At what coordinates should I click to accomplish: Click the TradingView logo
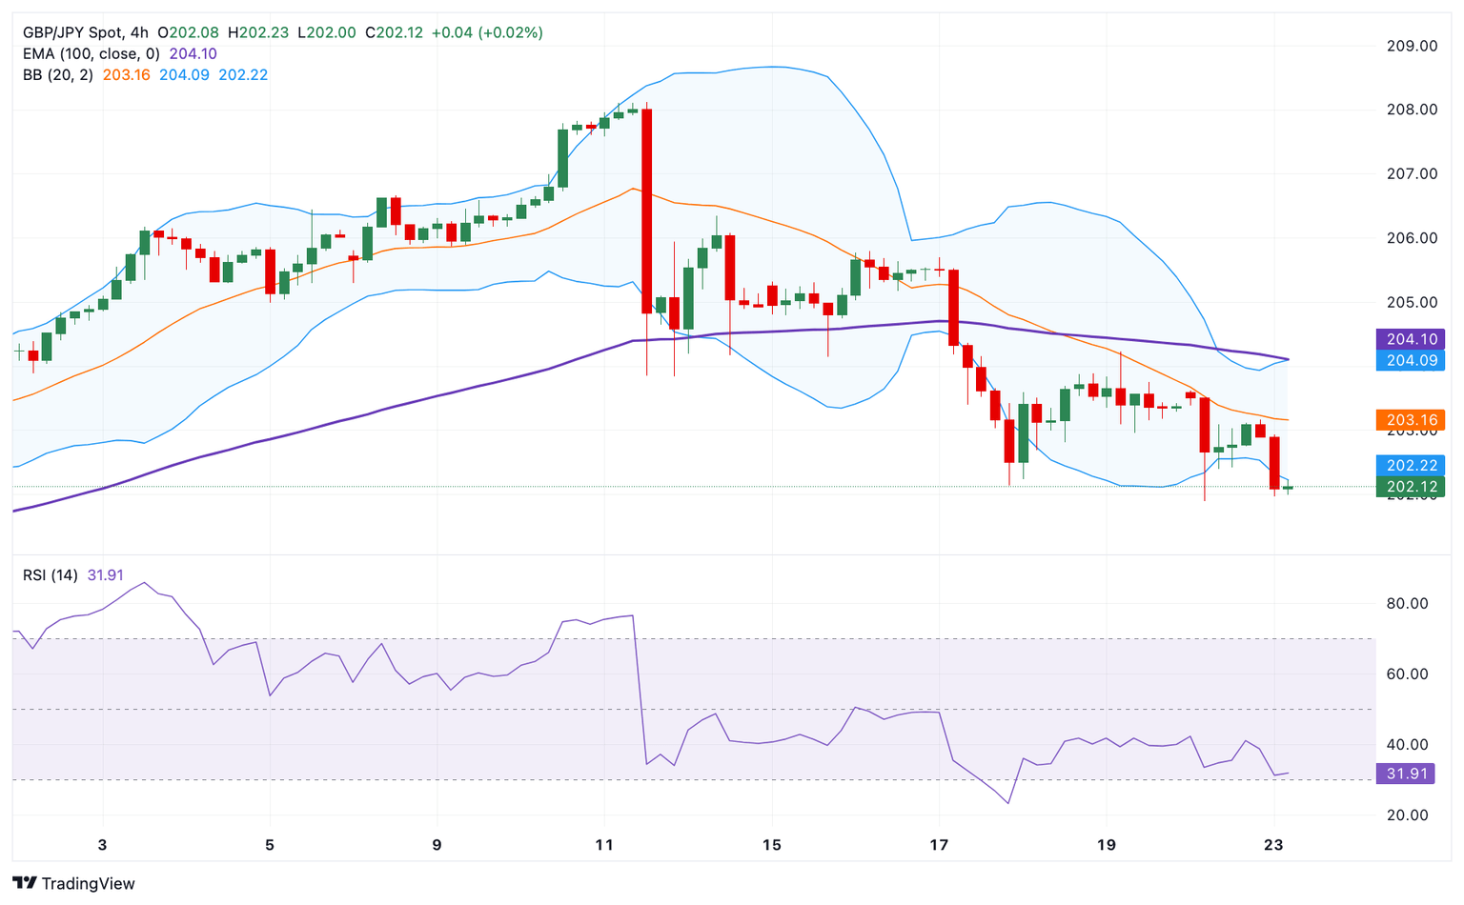tap(73, 883)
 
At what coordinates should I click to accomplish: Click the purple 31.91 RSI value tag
tap(1406, 774)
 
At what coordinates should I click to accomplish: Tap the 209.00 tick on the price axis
tap(1412, 46)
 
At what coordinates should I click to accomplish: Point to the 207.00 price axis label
tap(1412, 173)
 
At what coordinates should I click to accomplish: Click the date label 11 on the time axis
tap(604, 845)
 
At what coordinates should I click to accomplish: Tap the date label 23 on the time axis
tap(1272, 845)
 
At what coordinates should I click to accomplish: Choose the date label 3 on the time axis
tap(103, 845)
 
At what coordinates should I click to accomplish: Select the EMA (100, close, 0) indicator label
tap(91, 53)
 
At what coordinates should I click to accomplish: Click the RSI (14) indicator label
tap(51, 575)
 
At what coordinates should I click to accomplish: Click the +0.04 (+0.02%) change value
tap(487, 32)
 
